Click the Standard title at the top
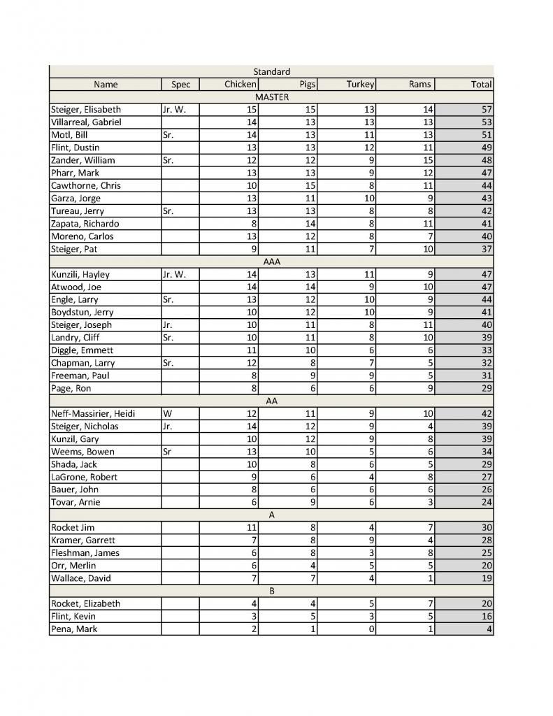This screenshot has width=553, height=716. click(x=271, y=71)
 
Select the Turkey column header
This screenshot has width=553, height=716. click(x=360, y=85)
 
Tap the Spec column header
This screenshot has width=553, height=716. click(x=180, y=85)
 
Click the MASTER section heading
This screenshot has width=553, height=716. click(x=271, y=97)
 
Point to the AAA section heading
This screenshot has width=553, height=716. click(x=271, y=262)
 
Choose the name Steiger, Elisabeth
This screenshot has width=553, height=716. click(x=86, y=110)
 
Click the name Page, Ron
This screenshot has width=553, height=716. click(x=71, y=388)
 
